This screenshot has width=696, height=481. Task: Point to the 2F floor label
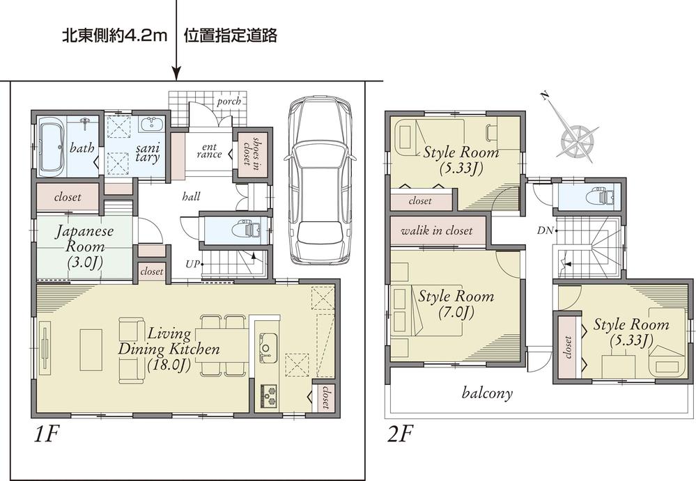401,436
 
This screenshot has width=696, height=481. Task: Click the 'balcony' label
487,393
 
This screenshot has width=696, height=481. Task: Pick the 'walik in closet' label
437,230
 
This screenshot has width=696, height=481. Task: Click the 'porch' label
229,102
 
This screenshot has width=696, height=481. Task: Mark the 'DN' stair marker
545,230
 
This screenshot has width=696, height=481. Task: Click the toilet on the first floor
245,229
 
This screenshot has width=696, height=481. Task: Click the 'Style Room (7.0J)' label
456,304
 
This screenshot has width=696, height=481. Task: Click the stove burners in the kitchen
268,394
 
